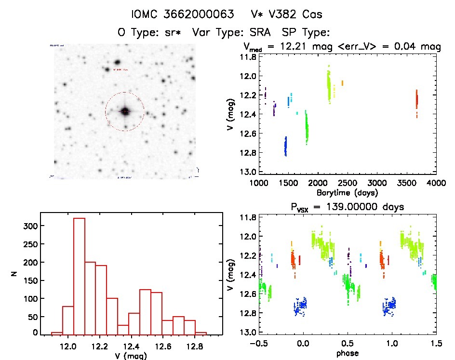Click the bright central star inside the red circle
pos(125,111)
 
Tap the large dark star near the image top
pos(117,62)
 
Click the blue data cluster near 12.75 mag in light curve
pos(286,146)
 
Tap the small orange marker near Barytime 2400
pos(342,83)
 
